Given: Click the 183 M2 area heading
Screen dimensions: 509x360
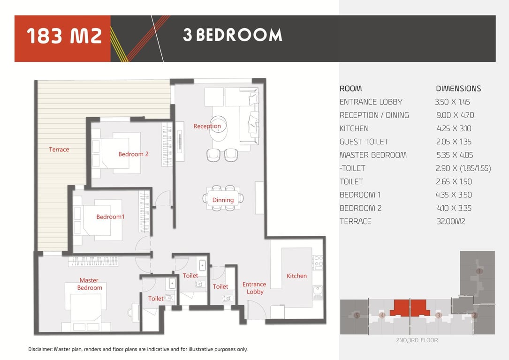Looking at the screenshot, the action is tap(64, 36).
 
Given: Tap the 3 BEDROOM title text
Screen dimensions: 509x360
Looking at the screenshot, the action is tap(232, 35).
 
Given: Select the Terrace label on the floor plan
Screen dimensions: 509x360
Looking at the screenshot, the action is tap(59, 150).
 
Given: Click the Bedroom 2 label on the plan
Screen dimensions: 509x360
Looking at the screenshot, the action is tap(133, 154).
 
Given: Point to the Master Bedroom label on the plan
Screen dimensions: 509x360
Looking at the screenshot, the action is tap(89, 284).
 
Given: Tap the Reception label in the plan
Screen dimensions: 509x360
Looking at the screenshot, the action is tap(207, 126).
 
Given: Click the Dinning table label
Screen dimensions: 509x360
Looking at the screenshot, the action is tap(223, 200).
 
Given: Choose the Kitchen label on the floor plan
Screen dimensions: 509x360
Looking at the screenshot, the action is tap(296, 276).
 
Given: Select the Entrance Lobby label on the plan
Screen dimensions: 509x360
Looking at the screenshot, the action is tap(254, 288).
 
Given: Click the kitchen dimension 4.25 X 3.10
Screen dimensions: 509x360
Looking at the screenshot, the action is tap(454, 128).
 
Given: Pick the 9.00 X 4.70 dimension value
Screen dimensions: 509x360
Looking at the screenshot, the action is tap(455, 115).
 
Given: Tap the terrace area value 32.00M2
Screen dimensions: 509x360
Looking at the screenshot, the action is tap(451, 222).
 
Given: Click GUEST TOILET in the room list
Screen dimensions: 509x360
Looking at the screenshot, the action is tap(364, 142).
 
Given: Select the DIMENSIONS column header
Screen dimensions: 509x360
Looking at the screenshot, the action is tap(458, 89).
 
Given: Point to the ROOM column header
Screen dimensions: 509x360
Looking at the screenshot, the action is tap(350, 89).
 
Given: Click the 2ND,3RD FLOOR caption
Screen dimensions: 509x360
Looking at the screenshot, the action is tap(417, 340).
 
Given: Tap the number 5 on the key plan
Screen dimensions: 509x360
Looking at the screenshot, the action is tap(357, 315).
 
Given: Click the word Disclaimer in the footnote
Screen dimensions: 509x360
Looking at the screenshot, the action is tap(40, 349).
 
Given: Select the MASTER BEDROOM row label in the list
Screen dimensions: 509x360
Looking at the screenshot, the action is tap(373, 155).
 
